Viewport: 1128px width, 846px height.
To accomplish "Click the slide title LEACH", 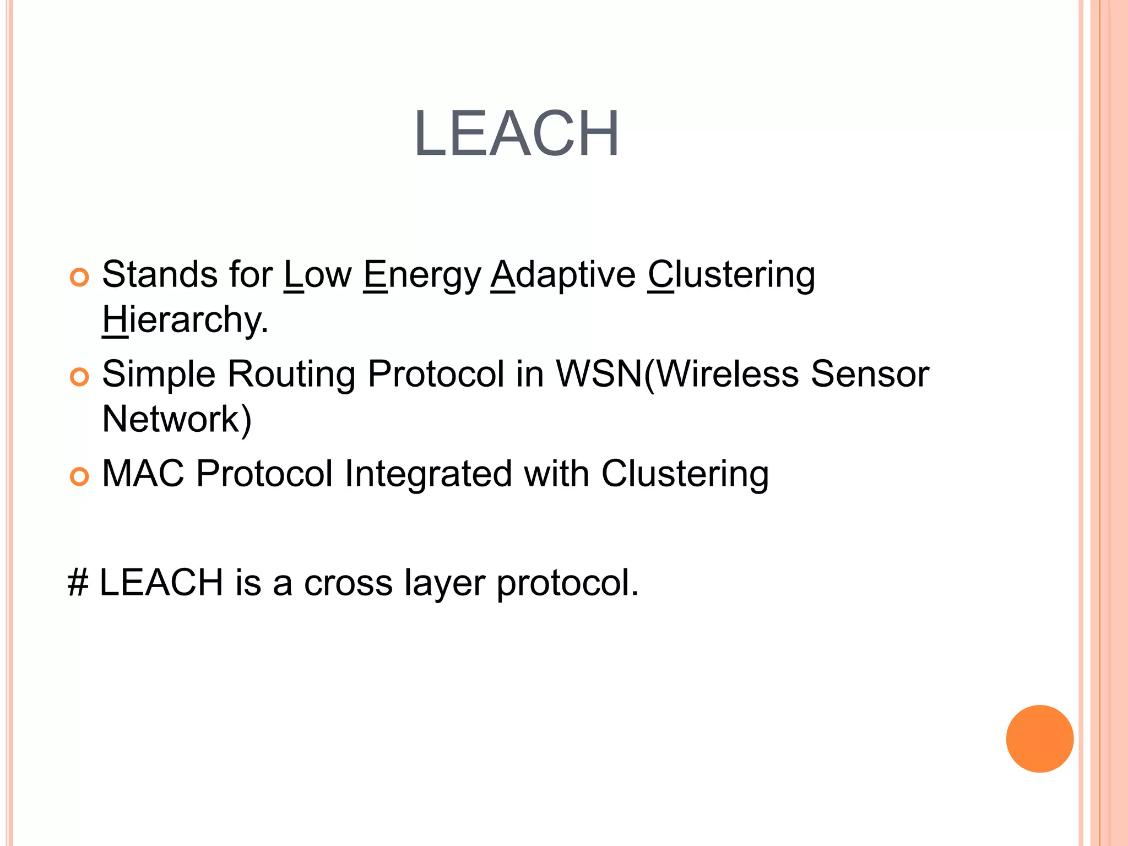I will [517, 134].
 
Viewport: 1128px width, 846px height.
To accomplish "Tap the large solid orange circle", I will [1039, 739].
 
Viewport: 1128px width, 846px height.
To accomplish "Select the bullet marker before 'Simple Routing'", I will [79, 377].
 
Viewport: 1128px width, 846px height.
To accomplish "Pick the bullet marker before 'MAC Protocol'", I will [79, 476].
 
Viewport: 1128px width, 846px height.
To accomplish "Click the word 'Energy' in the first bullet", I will [422, 275].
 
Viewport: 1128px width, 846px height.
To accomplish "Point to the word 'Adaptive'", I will [563, 275].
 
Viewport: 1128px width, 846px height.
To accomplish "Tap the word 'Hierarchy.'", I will [185, 320].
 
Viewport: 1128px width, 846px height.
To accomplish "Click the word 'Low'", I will [318, 275].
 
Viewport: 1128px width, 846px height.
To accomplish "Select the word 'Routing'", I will [291, 375].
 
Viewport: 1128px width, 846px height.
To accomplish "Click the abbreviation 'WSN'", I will [599, 375].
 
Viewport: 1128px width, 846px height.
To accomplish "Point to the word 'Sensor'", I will [870, 375].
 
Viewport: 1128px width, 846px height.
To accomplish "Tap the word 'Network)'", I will [177, 420].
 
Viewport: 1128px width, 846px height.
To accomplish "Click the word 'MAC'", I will [143, 474].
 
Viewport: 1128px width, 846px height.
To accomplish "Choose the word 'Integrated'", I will [427, 474].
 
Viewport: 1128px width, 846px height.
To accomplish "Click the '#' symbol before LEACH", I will [78, 583].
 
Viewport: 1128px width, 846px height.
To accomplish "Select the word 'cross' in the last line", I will [348, 583].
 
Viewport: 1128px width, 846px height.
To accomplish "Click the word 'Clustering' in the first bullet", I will [731, 275].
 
